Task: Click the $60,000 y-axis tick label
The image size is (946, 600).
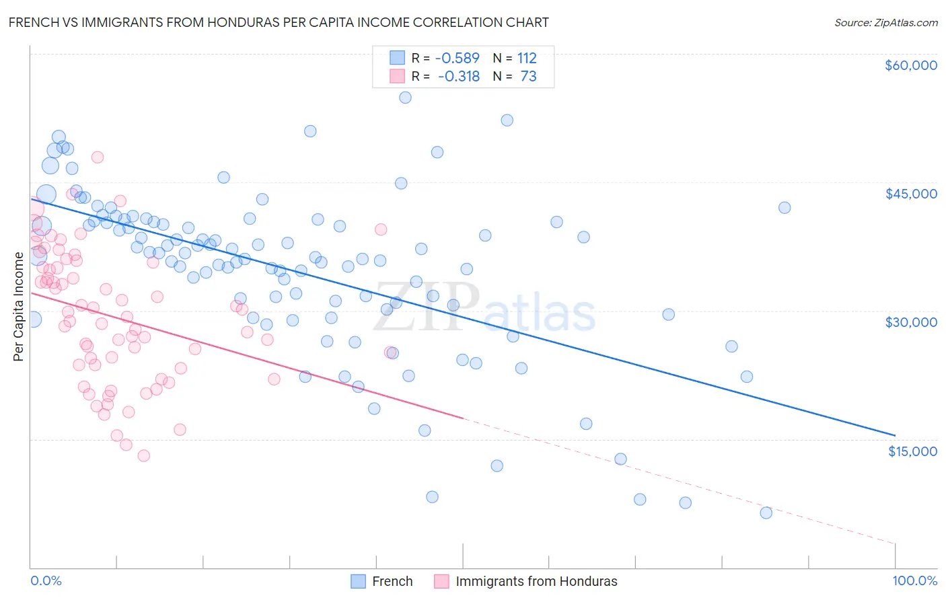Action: pos(910,65)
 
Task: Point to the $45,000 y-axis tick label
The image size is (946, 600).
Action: pos(910,194)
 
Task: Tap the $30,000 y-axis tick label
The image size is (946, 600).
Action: pos(910,322)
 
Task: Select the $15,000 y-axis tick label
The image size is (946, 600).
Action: pos(912,451)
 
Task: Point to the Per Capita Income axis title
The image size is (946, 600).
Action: pos(19,307)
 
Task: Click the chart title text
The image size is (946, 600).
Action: pos(279,22)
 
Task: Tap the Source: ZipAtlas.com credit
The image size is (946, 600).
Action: pos(885,22)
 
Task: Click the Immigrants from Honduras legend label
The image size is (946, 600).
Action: pos(536,581)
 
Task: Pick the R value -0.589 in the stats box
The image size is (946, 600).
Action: pos(458,59)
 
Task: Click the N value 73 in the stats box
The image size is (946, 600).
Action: pos(528,77)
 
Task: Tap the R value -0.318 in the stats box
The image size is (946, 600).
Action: pos(458,77)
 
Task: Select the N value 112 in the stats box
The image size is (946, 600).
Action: pos(527,59)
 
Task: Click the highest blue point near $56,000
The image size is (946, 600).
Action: pos(405,98)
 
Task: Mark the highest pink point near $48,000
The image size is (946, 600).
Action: pos(97,157)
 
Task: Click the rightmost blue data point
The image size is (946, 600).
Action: pos(785,208)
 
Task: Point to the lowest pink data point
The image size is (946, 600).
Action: pos(143,455)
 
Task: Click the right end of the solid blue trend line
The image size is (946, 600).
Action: pos(895,435)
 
